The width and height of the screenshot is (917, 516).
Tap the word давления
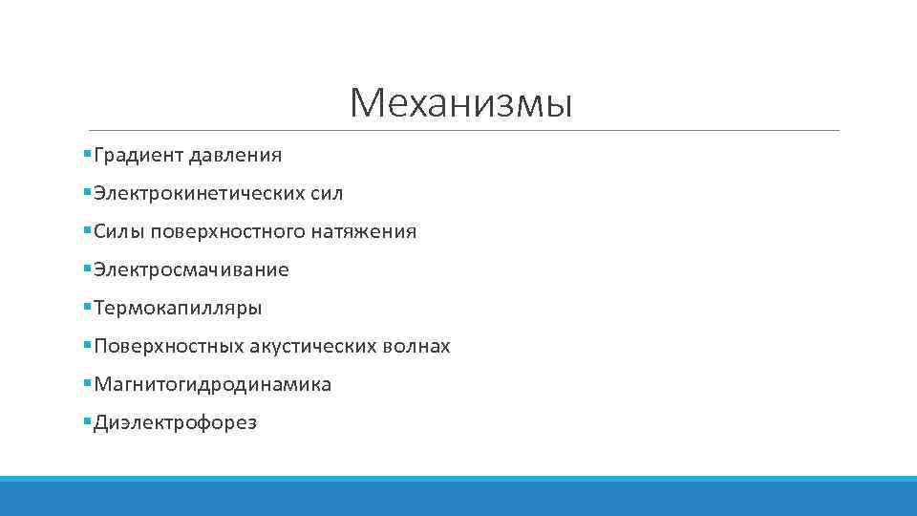coord(235,155)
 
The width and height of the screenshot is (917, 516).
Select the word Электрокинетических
coord(199,193)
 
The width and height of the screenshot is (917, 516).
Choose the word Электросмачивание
coord(191,269)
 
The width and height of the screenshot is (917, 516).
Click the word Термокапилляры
coord(178,309)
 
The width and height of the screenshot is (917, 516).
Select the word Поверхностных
coord(169,346)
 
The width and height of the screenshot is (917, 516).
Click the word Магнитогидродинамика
coord(212,384)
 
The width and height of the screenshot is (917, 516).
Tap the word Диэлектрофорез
coord(175,422)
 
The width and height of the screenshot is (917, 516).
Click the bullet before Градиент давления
coord(87,154)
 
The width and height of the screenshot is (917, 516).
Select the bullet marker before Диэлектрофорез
coord(87,421)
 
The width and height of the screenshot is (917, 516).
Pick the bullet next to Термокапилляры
coord(87,307)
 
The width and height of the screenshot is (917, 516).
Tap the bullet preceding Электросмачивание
coord(87,269)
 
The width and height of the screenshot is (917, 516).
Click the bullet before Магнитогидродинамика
coord(87,383)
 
